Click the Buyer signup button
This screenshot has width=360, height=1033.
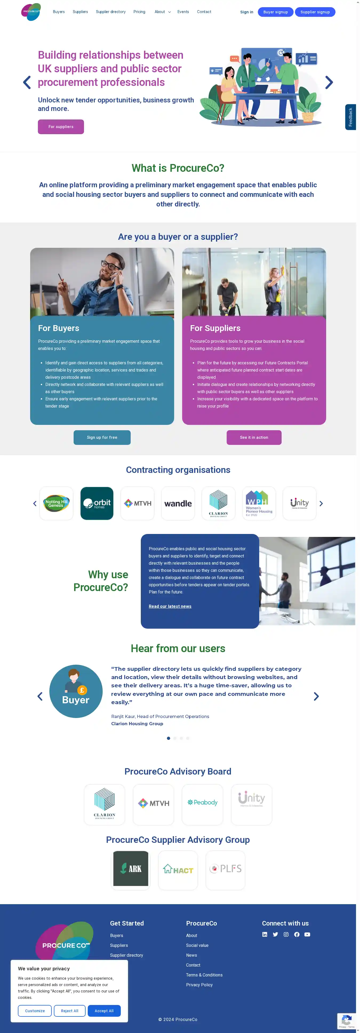point(275,12)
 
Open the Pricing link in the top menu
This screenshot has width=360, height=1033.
point(139,12)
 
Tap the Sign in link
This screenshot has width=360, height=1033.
point(247,12)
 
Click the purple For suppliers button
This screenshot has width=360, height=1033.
point(61,127)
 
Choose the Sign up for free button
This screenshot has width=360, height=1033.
point(102,437)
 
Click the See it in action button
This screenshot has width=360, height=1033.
point(254,437)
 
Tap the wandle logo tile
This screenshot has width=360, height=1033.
point(178,503)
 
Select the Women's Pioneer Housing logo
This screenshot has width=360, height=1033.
point(259,503)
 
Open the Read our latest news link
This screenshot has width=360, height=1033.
point(170,606)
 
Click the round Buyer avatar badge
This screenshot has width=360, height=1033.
point(76,691)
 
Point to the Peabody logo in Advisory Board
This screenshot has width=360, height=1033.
point(202,803)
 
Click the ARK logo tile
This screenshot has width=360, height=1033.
point(131,869)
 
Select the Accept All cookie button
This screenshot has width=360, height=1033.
point(104,1011)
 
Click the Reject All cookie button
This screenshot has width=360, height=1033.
point(69,1011)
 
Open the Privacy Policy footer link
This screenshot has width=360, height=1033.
point(199,985)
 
